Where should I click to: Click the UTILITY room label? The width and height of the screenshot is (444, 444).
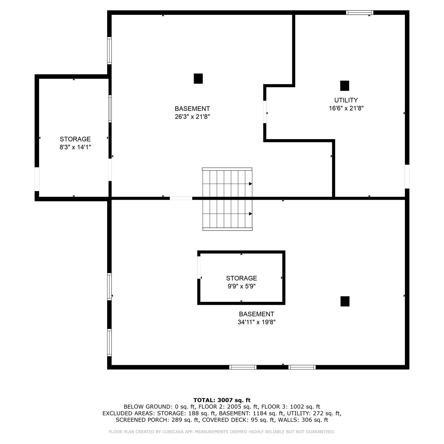pyautogui.click(x=346, y=100)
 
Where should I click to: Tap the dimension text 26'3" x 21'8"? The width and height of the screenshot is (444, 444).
pyautogui.click(x=192, y=117)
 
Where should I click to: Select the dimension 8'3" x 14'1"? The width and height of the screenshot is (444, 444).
pyautogui.click(x=75, y=147)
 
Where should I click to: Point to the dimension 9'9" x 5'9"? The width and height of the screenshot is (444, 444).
pyautogui.click(x=242, y=286)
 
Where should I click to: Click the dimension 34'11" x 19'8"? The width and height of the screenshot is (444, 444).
pyautogui.click(x=257, y=322)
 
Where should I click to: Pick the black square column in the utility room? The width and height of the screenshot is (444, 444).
pyautogui.click(x=345, y=86)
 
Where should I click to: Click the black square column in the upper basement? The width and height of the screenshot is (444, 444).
pyautogui.click(x=198, y=78)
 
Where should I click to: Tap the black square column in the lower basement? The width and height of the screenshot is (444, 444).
pyautogui.click(x=345, y=301)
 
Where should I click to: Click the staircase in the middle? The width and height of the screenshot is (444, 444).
pyautogui.click(x=227, y=199)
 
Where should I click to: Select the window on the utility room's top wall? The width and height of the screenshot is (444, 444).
pyautogui.click(x=360, y=12)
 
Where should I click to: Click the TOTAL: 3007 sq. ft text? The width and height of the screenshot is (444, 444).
pyautogui.click(x=222, y=400)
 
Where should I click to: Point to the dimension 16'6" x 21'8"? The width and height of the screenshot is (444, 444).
pyautogui.click(x=346, y=108)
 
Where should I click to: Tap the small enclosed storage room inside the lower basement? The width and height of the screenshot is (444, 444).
pyautogui.click(x=241, y=278)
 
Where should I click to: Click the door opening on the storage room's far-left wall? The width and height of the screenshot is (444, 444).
pyautogui.click(x=37, y=179)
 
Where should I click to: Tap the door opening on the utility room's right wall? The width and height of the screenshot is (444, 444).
pyautogui.click(x=407, y=176)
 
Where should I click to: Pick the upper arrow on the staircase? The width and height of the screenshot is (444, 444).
pyautogui.click(x=250, y=184)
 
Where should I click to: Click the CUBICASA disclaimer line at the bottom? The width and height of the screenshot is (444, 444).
pyautogui.click(x=222, y=432)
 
